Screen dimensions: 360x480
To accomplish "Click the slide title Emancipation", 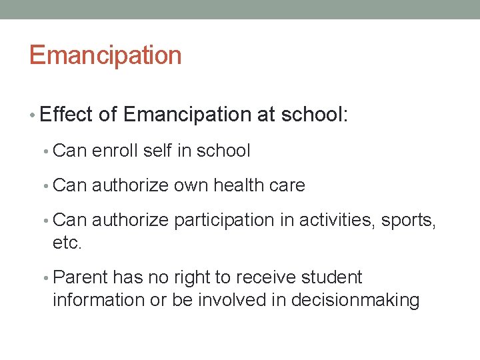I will click(105, 55).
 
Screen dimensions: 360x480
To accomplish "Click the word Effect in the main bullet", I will click(67, 115).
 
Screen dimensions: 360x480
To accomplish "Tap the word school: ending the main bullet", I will click(315, 115).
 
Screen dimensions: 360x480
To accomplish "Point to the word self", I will click(157, 151).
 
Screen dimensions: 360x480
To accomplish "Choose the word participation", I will click(223, 220).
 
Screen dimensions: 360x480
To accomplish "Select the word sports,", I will click(409, 220).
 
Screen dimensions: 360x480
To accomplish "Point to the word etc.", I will click(67, 243).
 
